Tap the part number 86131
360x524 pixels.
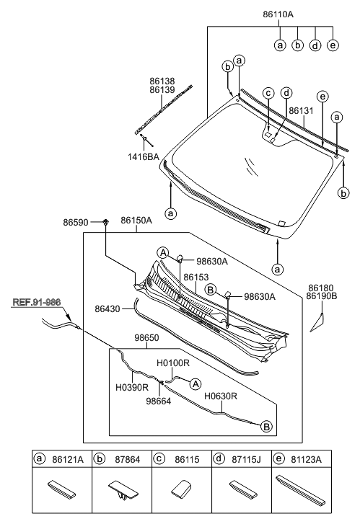click(302, 111)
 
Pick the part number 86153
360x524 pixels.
click(196, 276)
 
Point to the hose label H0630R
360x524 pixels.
click(221, 396)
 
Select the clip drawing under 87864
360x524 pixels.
click(120, 488)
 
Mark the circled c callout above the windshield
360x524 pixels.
click(268, 92)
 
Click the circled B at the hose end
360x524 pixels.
click(265, 427)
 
